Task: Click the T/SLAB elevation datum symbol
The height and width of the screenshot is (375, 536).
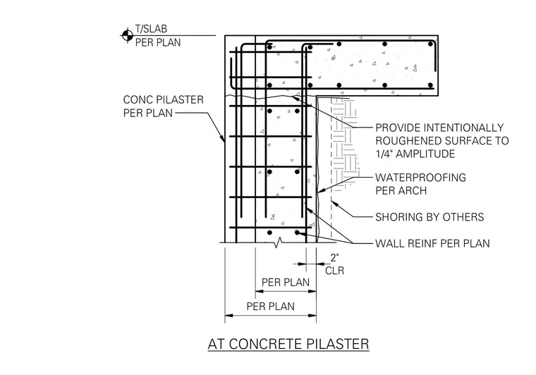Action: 128,35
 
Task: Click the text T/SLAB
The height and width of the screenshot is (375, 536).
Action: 151,29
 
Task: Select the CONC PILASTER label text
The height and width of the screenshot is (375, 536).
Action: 164,99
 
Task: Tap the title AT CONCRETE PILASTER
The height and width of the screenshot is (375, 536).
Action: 288,344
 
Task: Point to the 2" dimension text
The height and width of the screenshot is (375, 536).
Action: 335,258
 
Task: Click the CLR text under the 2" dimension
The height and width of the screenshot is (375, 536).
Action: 335,271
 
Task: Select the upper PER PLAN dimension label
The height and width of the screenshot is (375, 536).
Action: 286,283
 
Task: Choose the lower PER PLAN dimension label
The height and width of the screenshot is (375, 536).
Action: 270,306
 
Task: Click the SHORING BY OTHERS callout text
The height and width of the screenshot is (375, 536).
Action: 430,217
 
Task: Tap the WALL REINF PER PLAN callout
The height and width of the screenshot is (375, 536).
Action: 432,243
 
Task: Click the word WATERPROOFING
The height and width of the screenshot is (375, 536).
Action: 420,178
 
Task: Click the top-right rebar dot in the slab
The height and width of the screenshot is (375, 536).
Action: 431,44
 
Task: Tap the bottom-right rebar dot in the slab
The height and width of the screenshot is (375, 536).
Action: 430,85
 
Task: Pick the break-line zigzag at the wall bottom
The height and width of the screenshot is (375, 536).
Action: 279,242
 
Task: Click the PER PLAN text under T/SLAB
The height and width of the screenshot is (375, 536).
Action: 158,43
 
